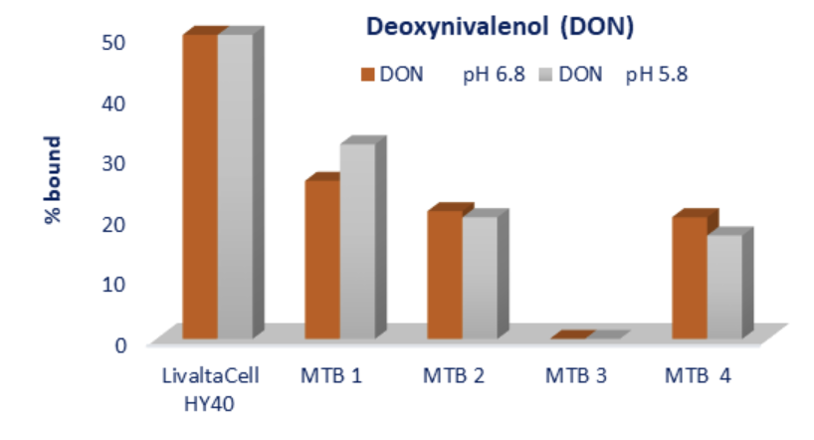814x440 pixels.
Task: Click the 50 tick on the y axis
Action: (115, 41)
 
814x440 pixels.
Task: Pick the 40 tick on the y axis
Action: (115, 102)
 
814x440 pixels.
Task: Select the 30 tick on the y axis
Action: (115, 162)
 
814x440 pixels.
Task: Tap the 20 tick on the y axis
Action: (115, 223)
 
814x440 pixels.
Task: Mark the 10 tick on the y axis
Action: (115, 284)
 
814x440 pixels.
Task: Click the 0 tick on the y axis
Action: (120, 344)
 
